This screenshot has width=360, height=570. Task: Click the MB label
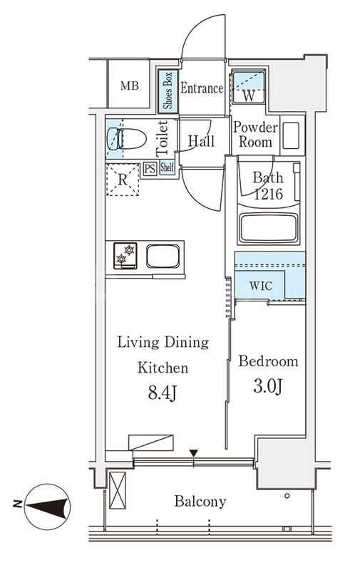coord(130,85)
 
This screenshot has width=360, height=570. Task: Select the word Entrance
coord(202,88)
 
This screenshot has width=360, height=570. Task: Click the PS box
coord(150,169)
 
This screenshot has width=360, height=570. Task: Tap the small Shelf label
coord(167,167)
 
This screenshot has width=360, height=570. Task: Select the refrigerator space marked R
coord(123,180)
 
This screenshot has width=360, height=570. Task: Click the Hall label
coord(201,140)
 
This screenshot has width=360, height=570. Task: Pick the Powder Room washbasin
coord(291,135)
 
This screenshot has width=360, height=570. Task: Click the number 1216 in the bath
coord(268,194)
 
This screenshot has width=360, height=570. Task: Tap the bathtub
coord(268,227)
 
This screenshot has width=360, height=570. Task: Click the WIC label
coord(261,286)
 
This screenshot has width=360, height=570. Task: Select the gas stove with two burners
coord(125,256)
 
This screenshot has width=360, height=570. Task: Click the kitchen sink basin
coord(163,256)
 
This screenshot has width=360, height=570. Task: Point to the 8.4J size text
coord(163,393)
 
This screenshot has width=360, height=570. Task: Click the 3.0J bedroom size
coord(268,386)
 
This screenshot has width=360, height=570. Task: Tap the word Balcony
coord(200,502)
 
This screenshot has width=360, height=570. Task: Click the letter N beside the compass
coord(16,504)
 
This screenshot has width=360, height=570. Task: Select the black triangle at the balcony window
coord(194,453)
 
